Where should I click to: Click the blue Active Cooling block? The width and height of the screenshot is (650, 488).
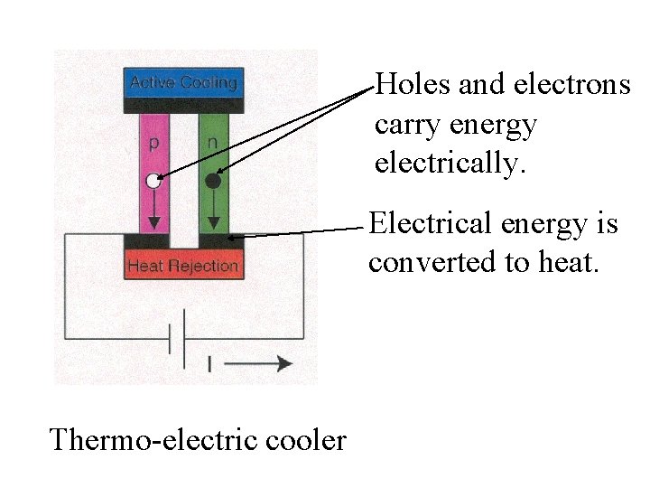tap(184, 83)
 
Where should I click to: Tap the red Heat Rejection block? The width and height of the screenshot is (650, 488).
tap(184, 266)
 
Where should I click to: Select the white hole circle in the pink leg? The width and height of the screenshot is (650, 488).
tap(153, 182)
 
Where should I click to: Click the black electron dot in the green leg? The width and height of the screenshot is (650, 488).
tap(213, 182)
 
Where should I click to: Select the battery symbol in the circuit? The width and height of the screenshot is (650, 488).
tap(178, 338)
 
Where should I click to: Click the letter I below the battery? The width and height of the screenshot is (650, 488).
tap(209, 364)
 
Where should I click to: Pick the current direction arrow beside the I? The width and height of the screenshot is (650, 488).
tap(258, 363)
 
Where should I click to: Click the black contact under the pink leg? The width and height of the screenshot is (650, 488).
tap(146, 241)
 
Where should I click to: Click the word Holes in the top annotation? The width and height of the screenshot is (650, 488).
tap(413, 85)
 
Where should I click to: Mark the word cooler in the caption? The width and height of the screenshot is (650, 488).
tap(305, 440)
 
